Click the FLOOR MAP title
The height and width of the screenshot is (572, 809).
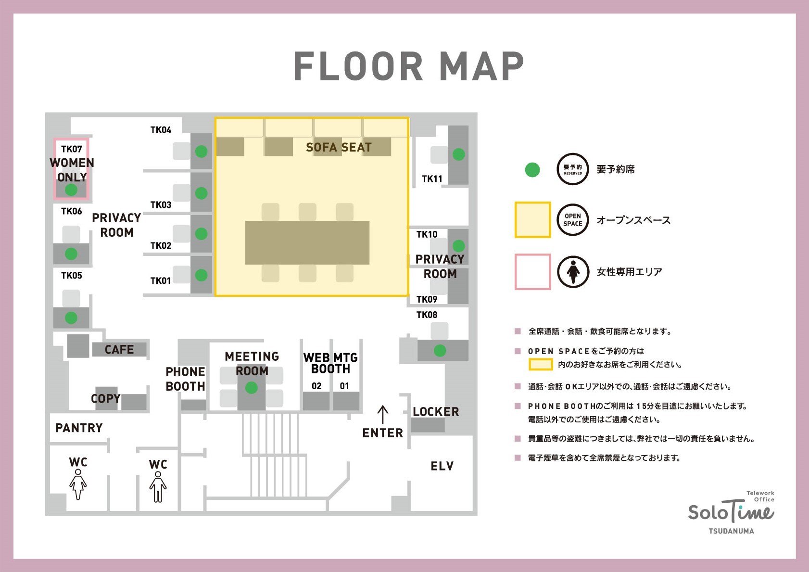tap(409, 66)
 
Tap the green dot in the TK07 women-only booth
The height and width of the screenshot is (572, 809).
tap(71, 190)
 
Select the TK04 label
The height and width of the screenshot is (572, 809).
tap(161, 130)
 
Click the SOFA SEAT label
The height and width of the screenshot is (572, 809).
tap(339, 147)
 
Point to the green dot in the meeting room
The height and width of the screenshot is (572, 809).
tap(252, 388)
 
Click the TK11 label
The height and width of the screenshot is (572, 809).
tap(432, 178)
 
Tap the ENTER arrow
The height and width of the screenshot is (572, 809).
tap(383, 415)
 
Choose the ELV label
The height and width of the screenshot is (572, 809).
tap(442, 466)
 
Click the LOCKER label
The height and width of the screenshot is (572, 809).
tap(436, 412)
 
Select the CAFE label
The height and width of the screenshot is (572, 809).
tap(119, 349)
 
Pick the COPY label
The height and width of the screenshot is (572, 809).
tap(105, 398)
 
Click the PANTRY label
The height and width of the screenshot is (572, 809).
tap(79, 428)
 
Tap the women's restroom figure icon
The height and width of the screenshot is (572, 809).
tap(78, 484)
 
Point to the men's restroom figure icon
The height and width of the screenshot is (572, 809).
tap(158, 487)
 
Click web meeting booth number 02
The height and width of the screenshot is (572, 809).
tap(316, 386)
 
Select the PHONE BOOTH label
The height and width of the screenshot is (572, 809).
tap(185, 379)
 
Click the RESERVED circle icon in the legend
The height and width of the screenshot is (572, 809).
tap(573, 169)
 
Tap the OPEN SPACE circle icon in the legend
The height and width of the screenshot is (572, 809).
tap(573, 220)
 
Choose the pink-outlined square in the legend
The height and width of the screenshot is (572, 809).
tap(533, 272)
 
